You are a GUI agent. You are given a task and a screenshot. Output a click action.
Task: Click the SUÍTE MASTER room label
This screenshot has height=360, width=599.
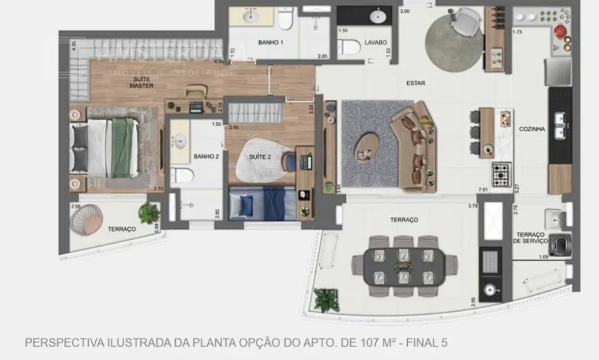coord(141,83)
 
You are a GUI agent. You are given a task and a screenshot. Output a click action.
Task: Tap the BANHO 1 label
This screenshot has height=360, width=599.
coord(270,43)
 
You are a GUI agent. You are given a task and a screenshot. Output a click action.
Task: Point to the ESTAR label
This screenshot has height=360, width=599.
coord(416,84)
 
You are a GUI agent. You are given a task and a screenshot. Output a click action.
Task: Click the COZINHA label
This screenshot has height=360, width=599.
coord(531,129)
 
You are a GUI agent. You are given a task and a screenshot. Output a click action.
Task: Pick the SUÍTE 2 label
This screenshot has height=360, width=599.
coord(259,157)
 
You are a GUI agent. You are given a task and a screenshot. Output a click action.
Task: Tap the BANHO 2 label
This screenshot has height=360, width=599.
coord(206,157)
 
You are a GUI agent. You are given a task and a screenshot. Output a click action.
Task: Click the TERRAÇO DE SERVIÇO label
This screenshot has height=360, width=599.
coord(531,238)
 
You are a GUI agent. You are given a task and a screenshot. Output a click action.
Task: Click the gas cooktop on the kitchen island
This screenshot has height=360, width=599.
coord(502,174)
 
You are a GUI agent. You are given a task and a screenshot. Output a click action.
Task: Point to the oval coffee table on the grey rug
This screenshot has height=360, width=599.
coord(366,147)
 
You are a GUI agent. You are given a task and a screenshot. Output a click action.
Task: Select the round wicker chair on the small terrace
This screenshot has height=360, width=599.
coord(87,219)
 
